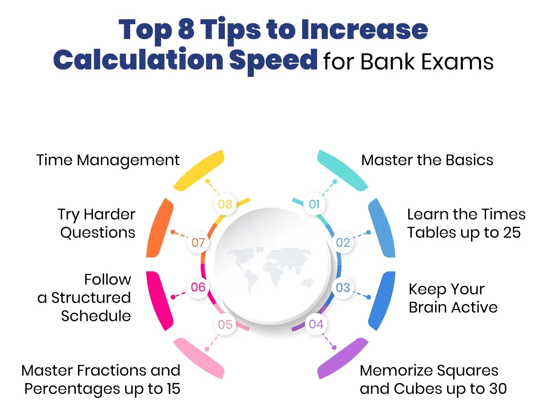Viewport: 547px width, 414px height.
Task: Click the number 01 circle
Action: pos(315,204)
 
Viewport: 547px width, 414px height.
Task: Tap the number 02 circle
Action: pos(343,242)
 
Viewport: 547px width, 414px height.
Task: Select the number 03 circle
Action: pos(343,287)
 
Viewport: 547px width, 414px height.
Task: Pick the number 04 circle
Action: pos(316,324)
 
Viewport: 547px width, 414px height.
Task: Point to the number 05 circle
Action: pos(225,324)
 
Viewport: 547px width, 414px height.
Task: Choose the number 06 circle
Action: pos(198,287)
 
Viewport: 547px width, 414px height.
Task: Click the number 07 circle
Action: pos(198,243)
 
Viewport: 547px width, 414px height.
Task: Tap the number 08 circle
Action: pos(225,204)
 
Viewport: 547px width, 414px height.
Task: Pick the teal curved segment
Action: pos(342,169)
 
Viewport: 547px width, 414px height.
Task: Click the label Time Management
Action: pos(108,161)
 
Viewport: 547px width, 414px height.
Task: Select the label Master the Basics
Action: pos(427,161)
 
